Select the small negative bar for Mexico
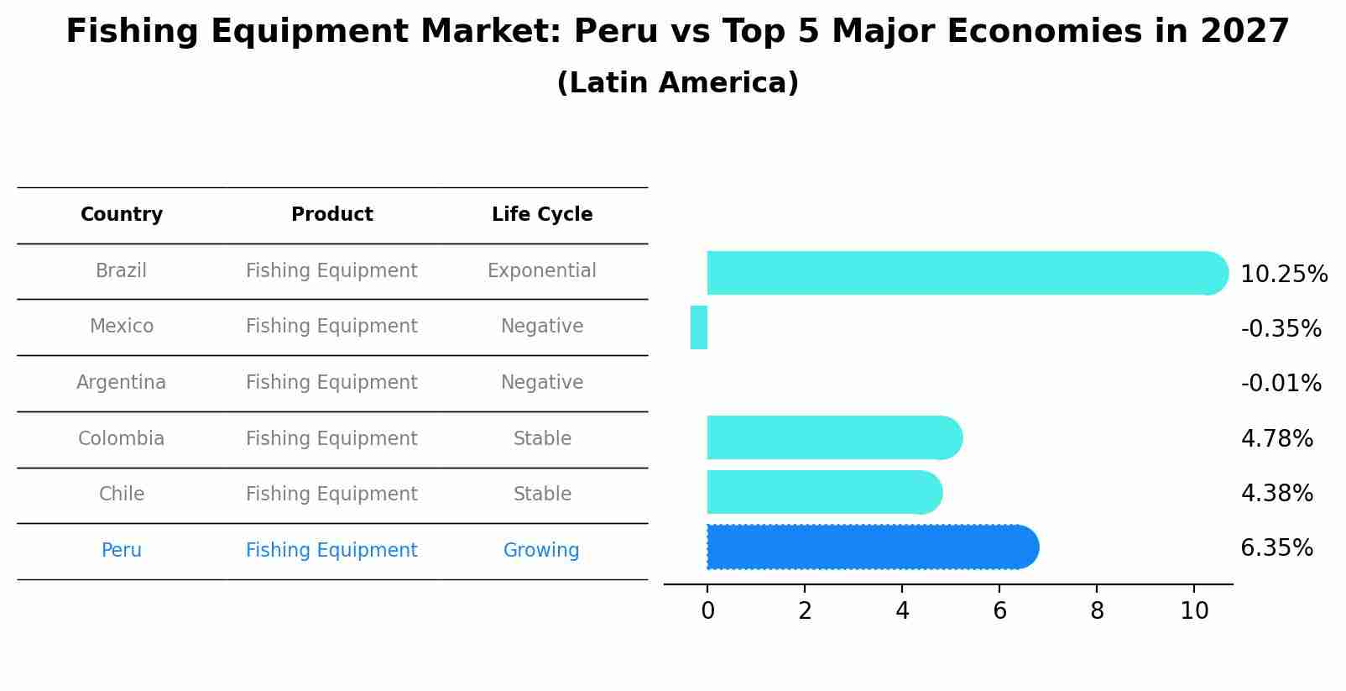(x=699, y=327)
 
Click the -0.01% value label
(x=1281, y=384)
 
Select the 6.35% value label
(x=1276, y=548)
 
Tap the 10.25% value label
(x=1283, y=275)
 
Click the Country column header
(x=122, y=215)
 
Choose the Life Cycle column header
(x=542, y=215)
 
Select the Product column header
(x=331, y=215)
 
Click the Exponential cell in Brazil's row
(x=541, y=271)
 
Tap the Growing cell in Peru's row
(x=541, y=551)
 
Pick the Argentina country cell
(x=122, y=383)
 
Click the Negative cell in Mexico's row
(x=541, y=327)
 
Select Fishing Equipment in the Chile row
(x=331, y=495)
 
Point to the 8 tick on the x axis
(x=1097, y=611)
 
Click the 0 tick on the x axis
(x=707, y=611)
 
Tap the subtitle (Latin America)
(x=677, y=83)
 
